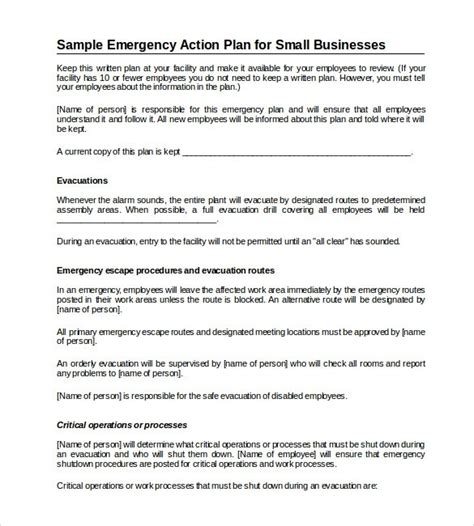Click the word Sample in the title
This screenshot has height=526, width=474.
pyautogui.click(x=82, y=45)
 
